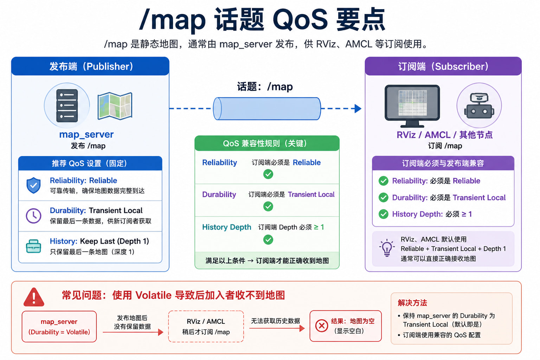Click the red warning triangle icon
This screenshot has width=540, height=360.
coord(34,297)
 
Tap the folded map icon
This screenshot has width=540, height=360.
coord(115,106)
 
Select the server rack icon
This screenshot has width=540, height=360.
coord(67,105)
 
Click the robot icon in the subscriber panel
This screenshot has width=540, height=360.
coord(479,106)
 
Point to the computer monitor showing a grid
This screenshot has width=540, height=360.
coord(412,105)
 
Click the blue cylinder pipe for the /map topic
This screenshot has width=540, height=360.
coord(267,109)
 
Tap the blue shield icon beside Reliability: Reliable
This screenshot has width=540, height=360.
coord(33,185)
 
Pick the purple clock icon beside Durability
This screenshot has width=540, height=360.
coord(33,216)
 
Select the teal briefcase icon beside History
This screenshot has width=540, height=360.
coord(33,246)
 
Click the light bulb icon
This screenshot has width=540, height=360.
coord(387,247)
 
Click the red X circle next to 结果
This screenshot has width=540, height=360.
coord(322,326)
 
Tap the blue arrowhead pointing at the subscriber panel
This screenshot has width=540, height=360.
coord(358,109)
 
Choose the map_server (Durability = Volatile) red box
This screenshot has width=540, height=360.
coord(59,327)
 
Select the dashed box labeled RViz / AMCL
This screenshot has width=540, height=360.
coord(206,327)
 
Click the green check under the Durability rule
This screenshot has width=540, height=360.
coord(268,206)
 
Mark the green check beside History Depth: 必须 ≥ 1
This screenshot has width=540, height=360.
coord(383,214)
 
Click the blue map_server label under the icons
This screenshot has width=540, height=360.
coord(86,134)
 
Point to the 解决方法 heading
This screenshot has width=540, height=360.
coord(412,303)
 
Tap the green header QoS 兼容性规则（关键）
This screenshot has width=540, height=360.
coord(267,143)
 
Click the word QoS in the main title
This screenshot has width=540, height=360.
coord(300,19)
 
